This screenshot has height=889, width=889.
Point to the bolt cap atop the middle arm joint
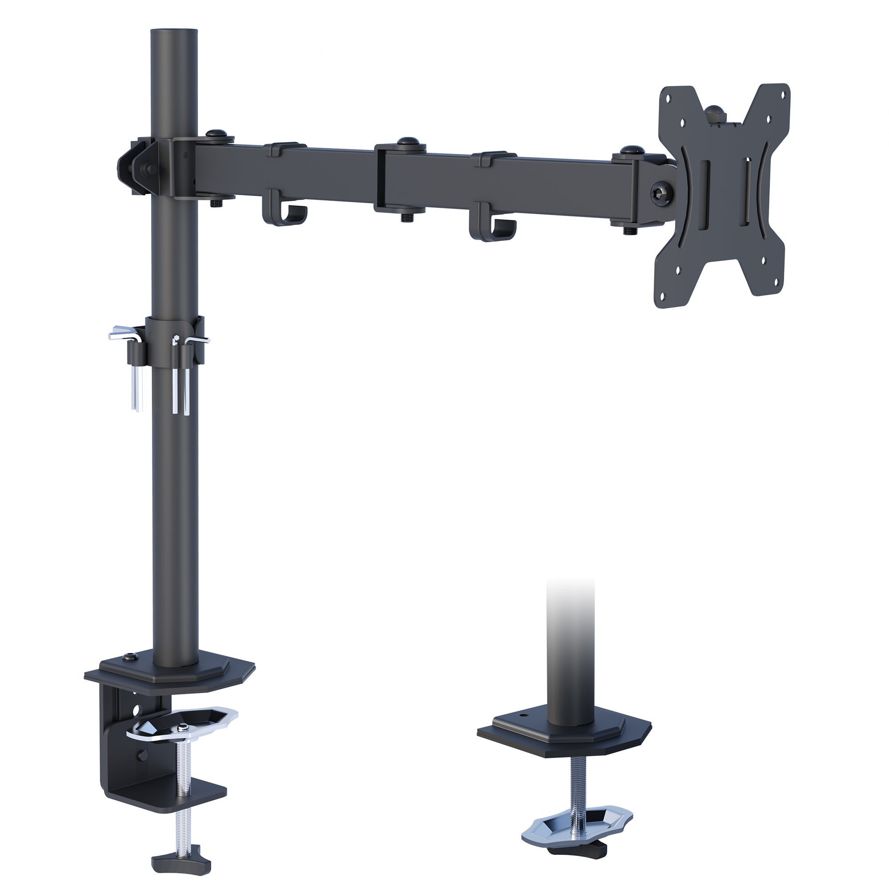pyautogui.click(x=406, y=142)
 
